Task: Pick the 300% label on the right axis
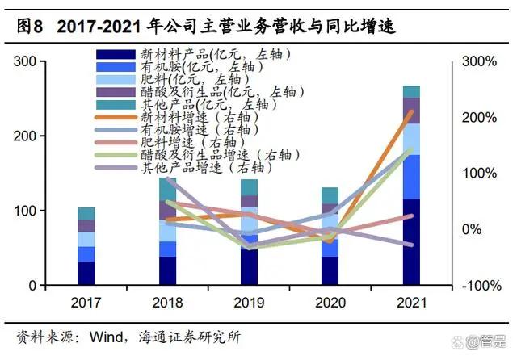tap(478, 61)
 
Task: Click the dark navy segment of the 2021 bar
tap(411, 242)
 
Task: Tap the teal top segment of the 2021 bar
tap(411, 91)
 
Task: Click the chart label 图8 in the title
tap(29, 27)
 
